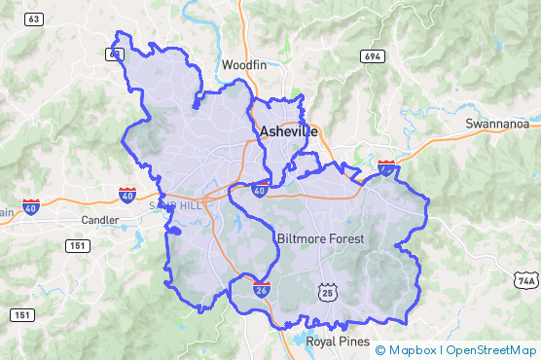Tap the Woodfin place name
pyautogui.click(x=243, y=65)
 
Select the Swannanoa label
pyautogui.click(x=496, y=124)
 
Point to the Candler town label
pyautogui.click(x=99, y=220)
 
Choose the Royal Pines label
pyautogui.click(x=338, y=342)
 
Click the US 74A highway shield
pyautogui.click(x=526, y=280)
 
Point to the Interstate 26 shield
pyautogui.click(x=261, y=288)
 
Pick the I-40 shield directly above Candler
pyautogui.click(x=127, y=195)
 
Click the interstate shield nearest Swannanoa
pyautogui.click(x=386, y=167)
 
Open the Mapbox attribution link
pyautogui.click(x=413, y=350)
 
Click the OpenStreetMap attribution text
pyautogui.click(x=490, y=350)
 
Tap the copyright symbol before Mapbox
pyautogui.click(x=380, y=350)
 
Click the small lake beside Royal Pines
pyautogui.click(x=299, y=340)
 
